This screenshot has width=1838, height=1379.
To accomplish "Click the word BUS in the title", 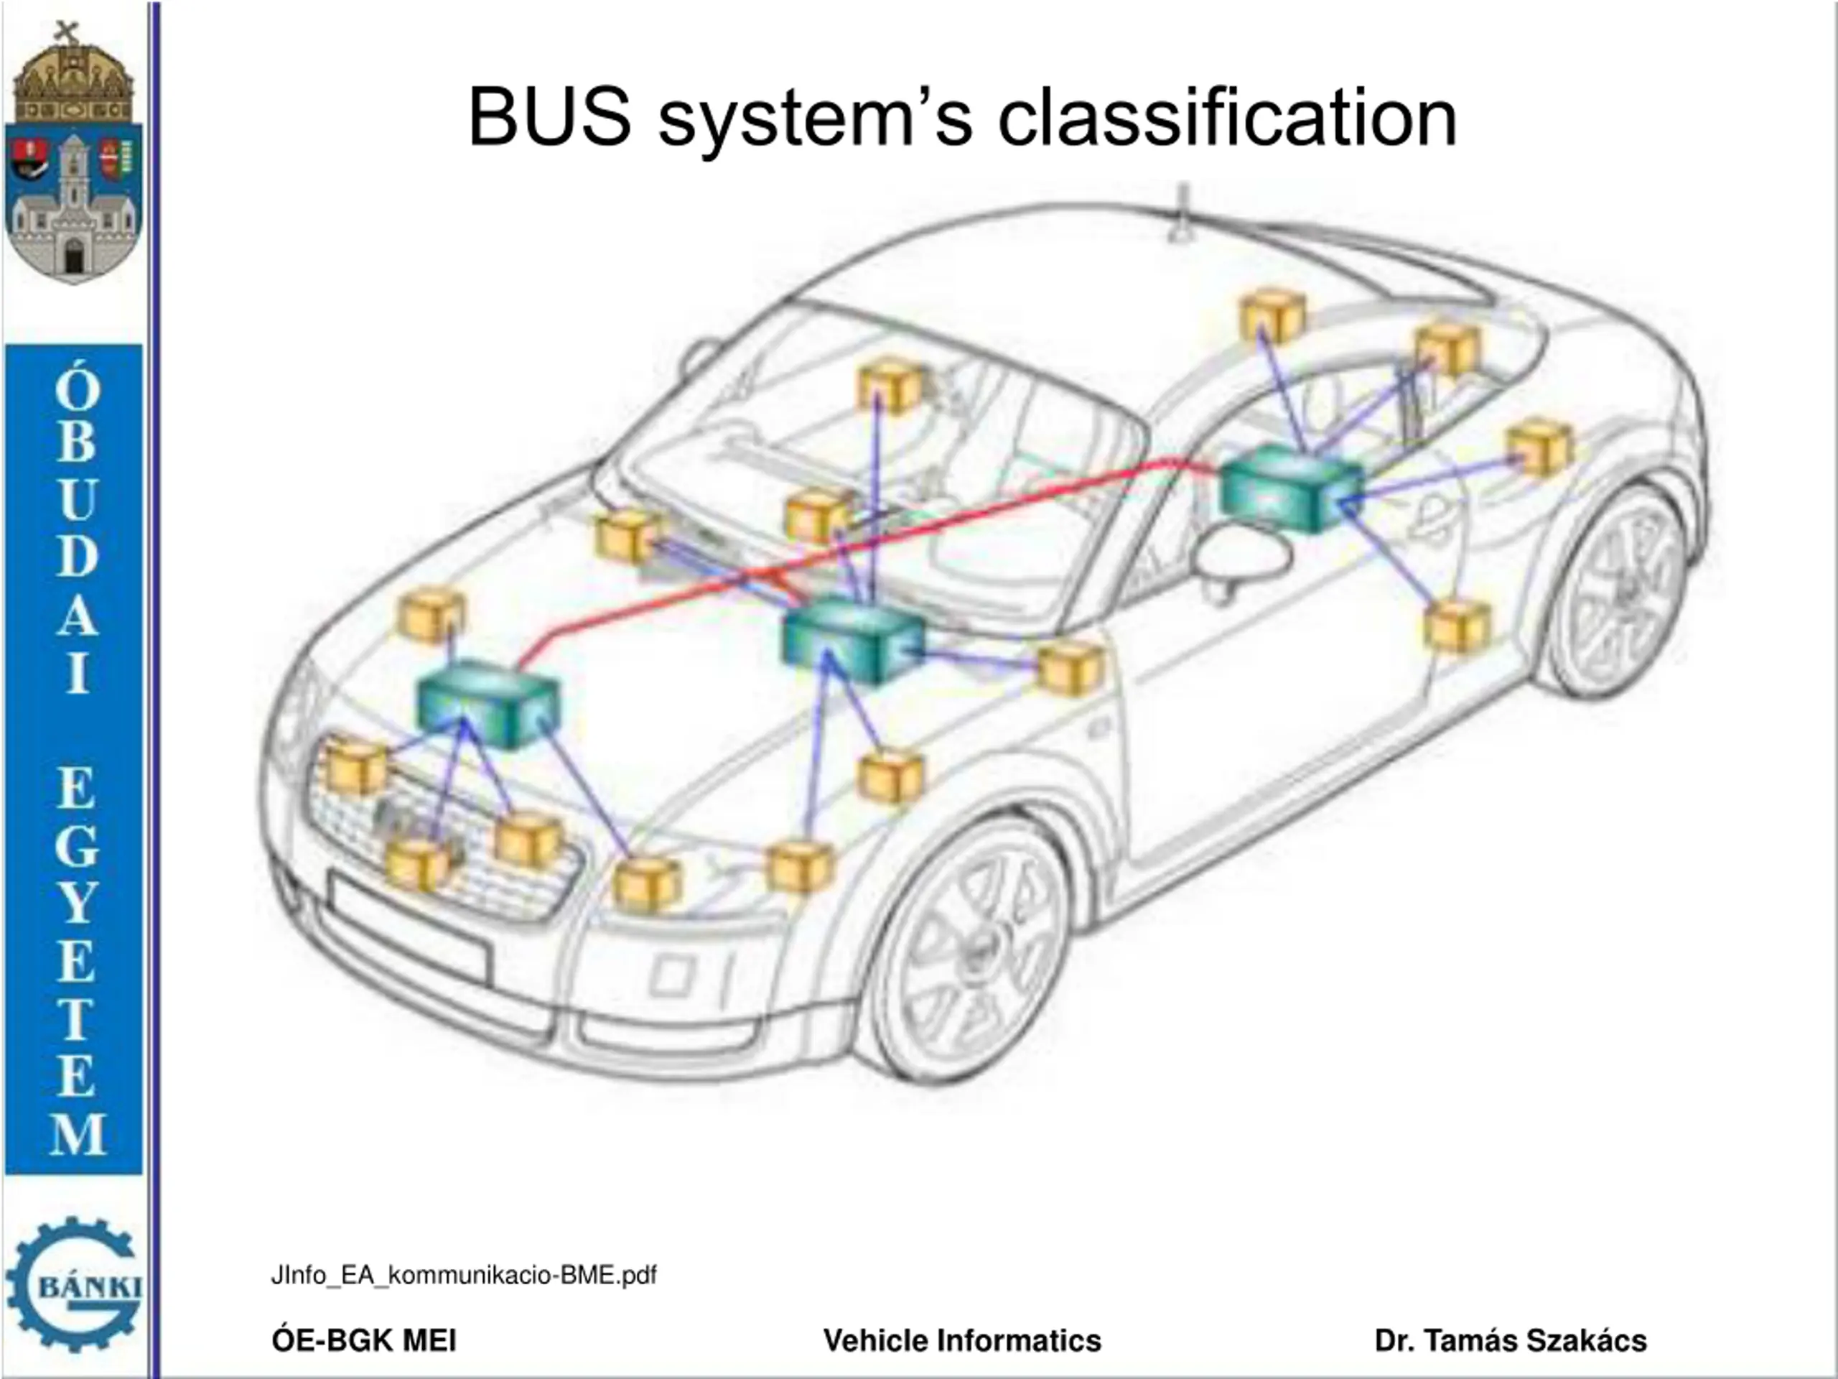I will pyautogui.click(x=549, y=118).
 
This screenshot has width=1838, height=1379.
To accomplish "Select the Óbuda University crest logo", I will pyautogui.click(x=73, y=154).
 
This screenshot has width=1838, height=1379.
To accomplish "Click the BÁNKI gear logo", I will pyautogui.click(x=73, y=1284).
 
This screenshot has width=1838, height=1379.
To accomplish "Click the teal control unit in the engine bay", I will pyautogui.click(x=488, y=703).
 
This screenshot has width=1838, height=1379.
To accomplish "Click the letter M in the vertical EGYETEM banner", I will pyautogui.click(x=76, y=1134).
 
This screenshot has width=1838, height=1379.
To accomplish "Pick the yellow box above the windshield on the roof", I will pyautogui.click(x=890, y=385).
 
